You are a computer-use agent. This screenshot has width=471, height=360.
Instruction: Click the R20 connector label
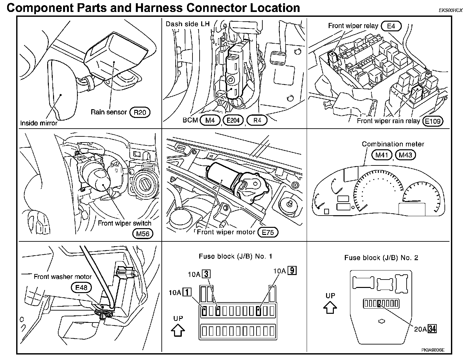(140, 112)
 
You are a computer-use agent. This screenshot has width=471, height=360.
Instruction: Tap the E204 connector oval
(233, 121)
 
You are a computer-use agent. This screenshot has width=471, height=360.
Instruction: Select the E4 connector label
(391, 26)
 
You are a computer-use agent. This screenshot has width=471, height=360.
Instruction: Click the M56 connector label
(143, 233)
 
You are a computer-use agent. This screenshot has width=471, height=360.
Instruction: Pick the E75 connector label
(268, 232)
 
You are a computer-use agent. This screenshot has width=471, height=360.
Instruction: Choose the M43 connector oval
(405, 155)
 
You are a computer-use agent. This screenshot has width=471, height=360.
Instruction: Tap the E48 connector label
(81, 287)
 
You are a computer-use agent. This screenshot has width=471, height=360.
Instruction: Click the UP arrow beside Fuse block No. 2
(330, 307)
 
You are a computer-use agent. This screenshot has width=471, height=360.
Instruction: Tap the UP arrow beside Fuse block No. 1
(178, 330)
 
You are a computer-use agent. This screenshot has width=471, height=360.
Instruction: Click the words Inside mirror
(39, 123)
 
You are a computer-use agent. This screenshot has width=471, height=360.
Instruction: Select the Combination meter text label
(393, 144)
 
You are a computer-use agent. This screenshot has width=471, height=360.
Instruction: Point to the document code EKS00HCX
(450, 10)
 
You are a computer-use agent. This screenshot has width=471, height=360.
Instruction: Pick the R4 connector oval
(257, 121)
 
